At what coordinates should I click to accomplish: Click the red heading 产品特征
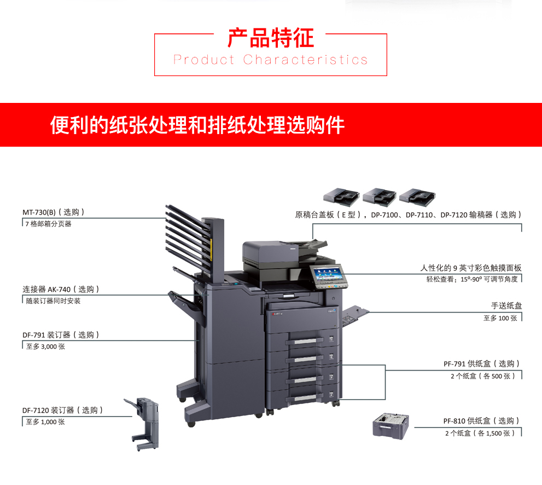tap(271, 38)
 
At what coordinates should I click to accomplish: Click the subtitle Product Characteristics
tap(270, 60)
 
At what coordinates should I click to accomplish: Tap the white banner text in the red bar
tap(197, 125)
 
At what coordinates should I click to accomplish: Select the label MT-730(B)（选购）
tap(54, 212)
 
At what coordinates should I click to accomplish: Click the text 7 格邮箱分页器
tap(48, 224)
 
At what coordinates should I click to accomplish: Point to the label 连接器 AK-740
tap(46, 289)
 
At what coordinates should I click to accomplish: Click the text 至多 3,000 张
tap(45, 347)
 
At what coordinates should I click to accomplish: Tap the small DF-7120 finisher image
tap(143, 424)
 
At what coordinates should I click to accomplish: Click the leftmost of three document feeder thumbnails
tap(341, 197)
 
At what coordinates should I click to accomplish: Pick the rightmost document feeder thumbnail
tap(417, 197)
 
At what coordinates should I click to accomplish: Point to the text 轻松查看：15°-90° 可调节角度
tap(472, 279)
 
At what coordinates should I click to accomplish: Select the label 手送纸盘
tap(506, 305)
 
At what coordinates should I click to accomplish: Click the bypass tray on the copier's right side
tap(355, 315)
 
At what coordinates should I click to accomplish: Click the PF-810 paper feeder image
tap(391, 426)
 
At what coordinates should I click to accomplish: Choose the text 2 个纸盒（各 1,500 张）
tap(480, 433)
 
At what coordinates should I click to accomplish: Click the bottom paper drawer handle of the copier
tap(304, 398)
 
